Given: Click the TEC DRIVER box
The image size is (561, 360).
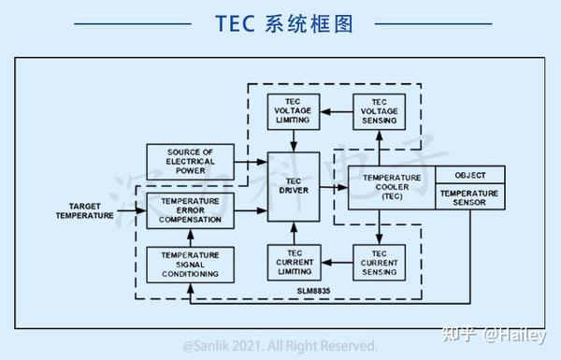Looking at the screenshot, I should click(294, 186).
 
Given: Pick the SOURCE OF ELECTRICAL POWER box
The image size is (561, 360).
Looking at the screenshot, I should click(190, 162).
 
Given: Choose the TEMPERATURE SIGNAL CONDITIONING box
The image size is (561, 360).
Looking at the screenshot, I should click(190, 263).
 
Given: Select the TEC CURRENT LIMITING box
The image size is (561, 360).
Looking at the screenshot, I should click(294, 263).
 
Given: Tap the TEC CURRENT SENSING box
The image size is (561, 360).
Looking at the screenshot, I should click(380, 263).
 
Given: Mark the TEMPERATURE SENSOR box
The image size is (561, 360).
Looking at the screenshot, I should click(470, 198).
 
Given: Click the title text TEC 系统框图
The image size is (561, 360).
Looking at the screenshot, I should click(280, 23).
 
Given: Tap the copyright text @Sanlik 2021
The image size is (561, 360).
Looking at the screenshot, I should click(280, 345).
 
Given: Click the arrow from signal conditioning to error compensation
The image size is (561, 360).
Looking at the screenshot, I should click(190, 238).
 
